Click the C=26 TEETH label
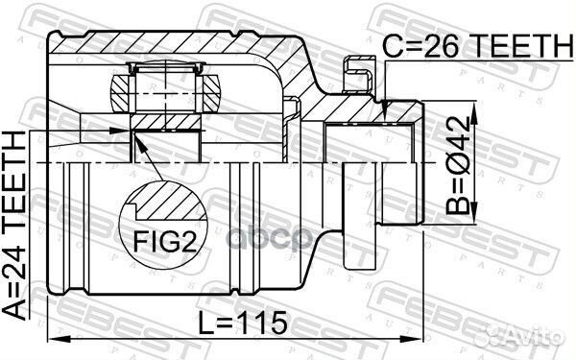click(464, 43)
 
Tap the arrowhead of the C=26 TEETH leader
click(384, 116)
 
